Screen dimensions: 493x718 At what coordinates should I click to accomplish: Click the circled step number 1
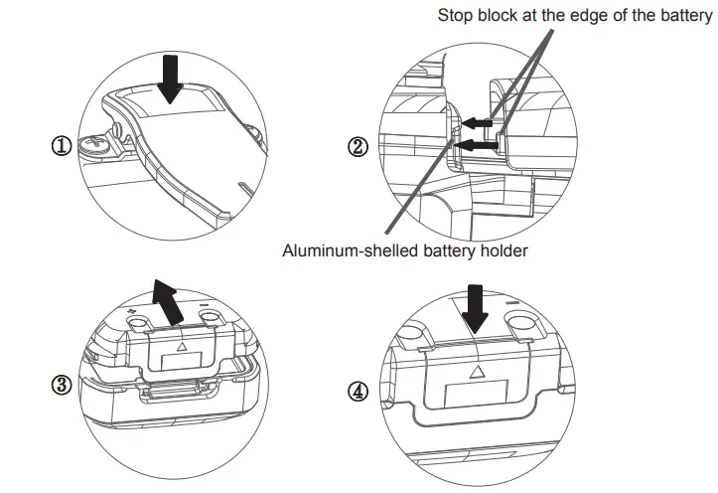[61, 146]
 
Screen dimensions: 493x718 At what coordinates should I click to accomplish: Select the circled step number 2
[359, 146]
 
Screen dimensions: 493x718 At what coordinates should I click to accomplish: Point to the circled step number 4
[359, 391]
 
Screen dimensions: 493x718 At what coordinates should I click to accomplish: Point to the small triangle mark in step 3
[180, 349]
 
